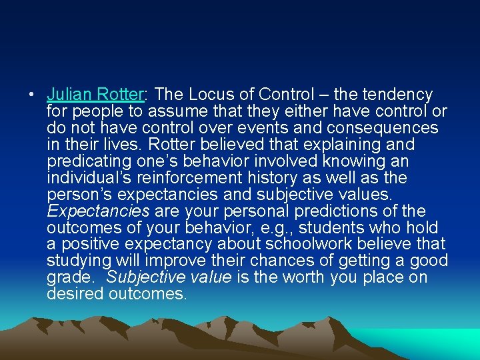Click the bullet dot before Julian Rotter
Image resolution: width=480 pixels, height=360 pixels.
point(32,95)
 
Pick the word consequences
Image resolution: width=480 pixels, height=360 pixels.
point(383,128)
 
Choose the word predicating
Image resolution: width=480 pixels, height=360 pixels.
point(86,161)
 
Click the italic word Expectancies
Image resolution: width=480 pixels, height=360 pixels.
point(98,211)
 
